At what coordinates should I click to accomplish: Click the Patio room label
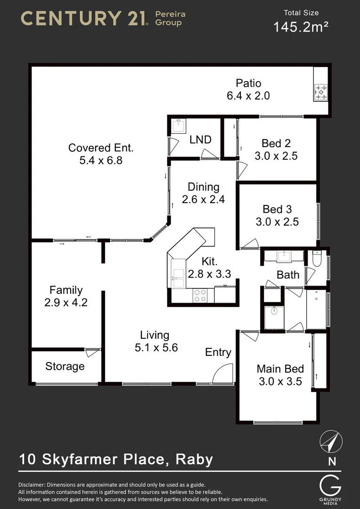248,83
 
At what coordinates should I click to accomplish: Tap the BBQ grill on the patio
321,92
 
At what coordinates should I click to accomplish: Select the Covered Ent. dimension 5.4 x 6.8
101,160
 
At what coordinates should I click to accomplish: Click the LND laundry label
200,140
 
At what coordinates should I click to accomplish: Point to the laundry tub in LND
178,127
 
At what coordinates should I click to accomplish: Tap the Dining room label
204,187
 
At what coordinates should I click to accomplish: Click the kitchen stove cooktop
200,296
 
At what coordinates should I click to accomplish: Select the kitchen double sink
179,278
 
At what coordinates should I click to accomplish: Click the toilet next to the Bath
317,259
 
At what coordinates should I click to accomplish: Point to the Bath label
288,275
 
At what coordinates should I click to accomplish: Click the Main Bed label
280,369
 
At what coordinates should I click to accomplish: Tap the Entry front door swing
223,375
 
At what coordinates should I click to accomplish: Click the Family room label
66,290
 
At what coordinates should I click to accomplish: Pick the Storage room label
65,366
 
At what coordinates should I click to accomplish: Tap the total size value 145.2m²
301,27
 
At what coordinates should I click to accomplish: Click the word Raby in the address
194,459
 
